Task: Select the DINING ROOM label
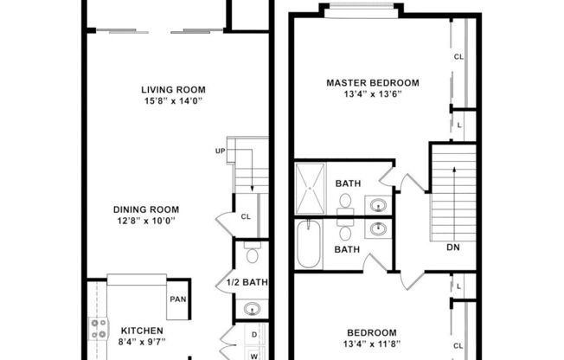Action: click(145, 209)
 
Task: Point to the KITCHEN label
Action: click(141, 331)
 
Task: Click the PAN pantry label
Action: click(177, 299)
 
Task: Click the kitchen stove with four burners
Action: click(99, 329)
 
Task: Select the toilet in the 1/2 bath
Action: click(252, 254)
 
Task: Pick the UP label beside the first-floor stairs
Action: click(221, 151)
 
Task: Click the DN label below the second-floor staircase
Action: click(453, 247)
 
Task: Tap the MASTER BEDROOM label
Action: click(372, 83)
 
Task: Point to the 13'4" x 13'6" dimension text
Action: click(372, 96)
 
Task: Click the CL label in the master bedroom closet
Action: click(458, 58)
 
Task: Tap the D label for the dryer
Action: click(253, 334)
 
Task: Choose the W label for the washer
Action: click(253, 354)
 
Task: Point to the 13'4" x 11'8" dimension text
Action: click(372, 345)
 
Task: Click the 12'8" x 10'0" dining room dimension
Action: click(145, 222)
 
